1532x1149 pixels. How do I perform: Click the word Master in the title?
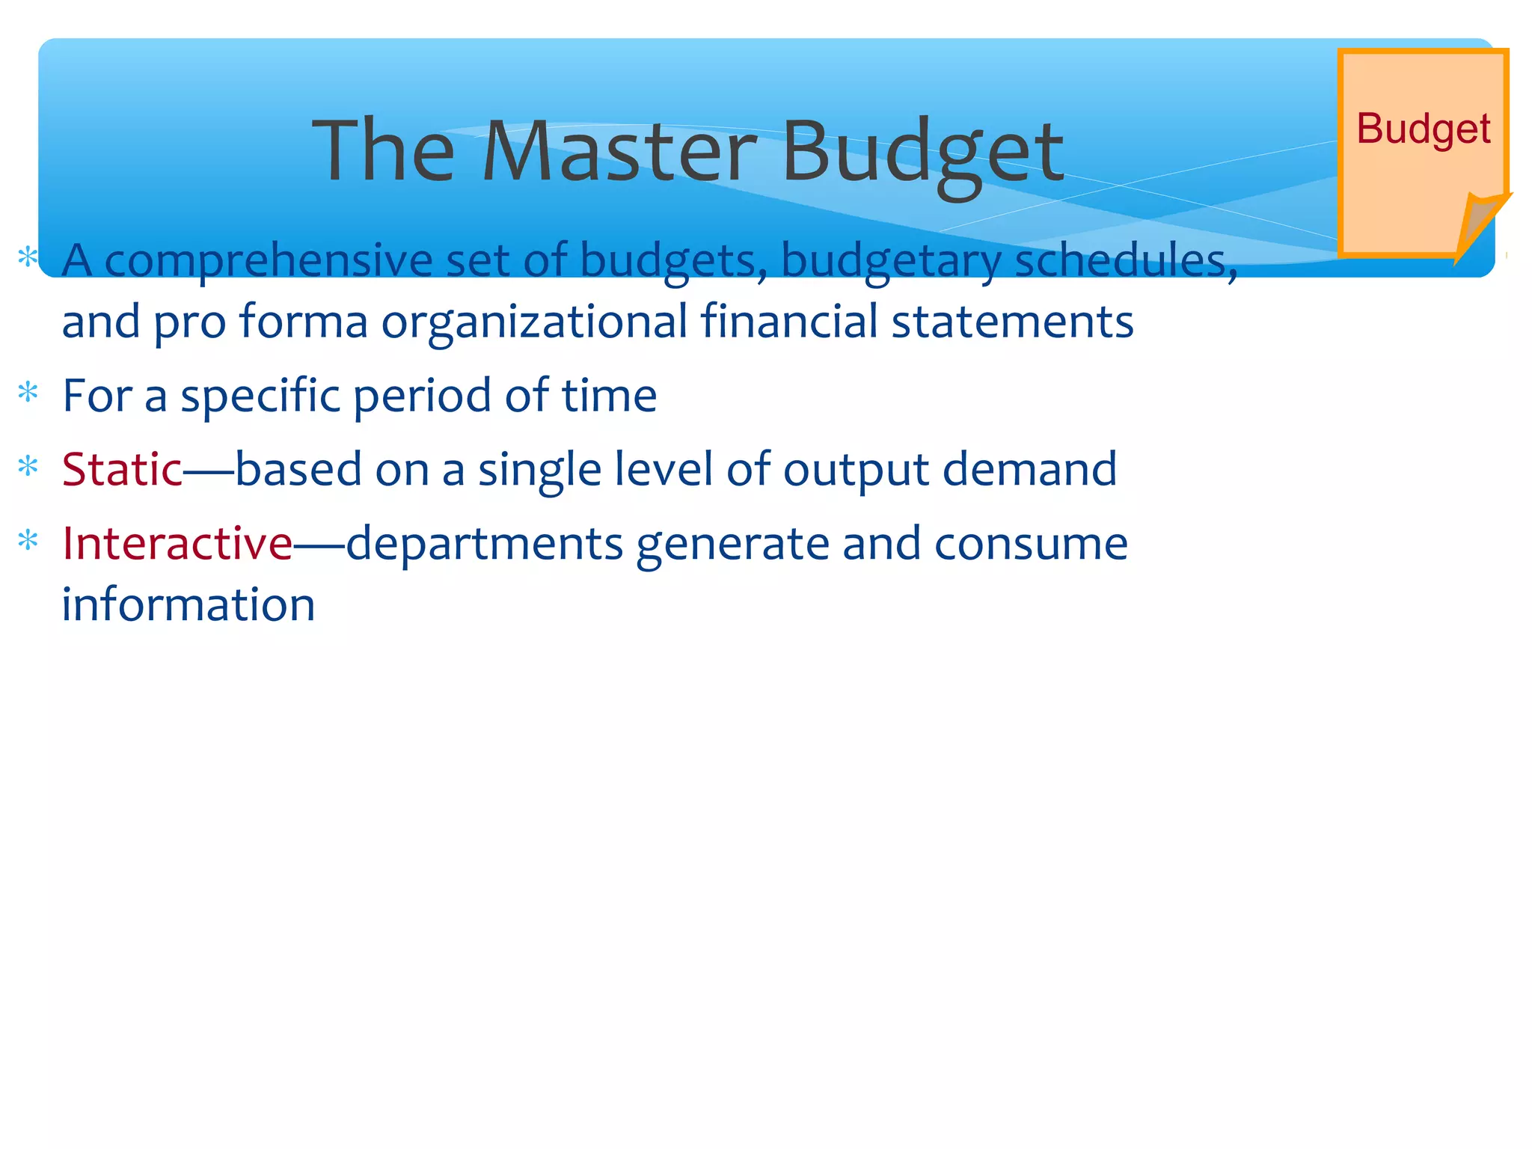point(619,152)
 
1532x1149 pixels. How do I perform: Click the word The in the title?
point(383,152)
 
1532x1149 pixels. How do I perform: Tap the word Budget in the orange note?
point(1423,129)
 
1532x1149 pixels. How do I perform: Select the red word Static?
point(122,470)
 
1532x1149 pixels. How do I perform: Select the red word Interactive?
point(177,543)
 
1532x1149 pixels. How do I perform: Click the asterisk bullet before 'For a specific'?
point(28,393)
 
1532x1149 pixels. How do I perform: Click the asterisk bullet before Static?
point(28,467)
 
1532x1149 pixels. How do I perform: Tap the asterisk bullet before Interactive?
point(28,540)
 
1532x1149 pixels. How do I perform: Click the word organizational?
point(534,322)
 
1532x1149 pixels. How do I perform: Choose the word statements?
point(1012,322)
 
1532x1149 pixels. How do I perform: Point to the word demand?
point(1029,470)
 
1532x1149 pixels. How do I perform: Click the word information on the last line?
point(189,604)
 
